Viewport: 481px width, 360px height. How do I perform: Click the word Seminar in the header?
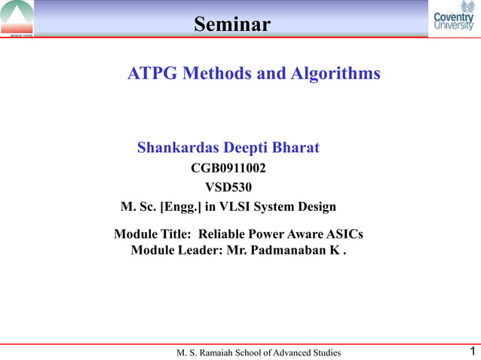point(231,25)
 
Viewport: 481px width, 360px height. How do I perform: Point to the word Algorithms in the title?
point(335,74)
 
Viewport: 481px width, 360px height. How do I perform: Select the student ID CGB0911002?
point(228,167)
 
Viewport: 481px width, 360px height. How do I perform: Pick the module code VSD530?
point(228,187)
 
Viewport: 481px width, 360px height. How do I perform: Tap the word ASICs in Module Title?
point(344,234)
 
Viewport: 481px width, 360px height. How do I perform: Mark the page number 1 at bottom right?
point(471,351)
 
